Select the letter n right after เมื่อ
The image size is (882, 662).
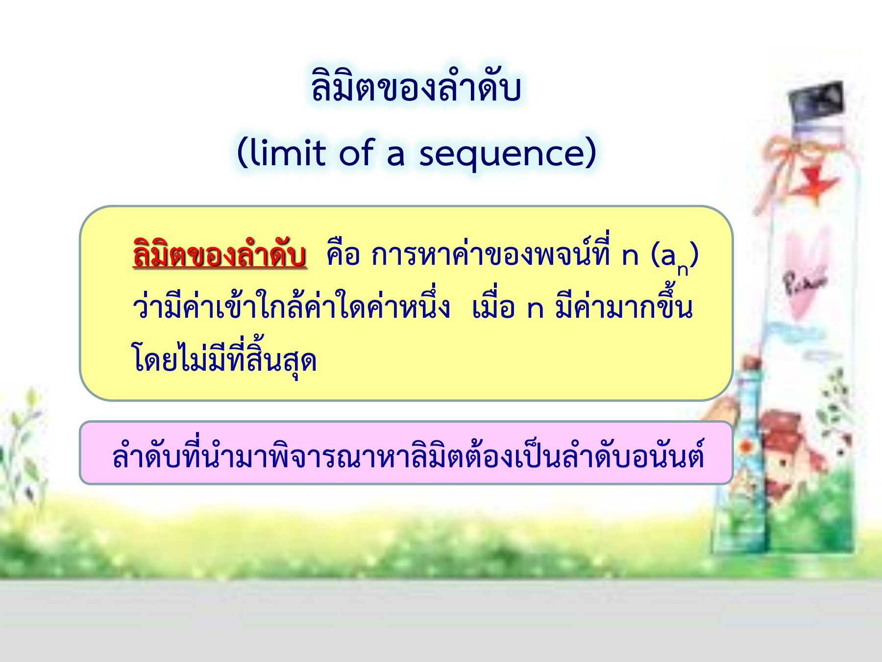tap(535, 309)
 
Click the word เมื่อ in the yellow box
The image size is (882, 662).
tap(492, 306)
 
